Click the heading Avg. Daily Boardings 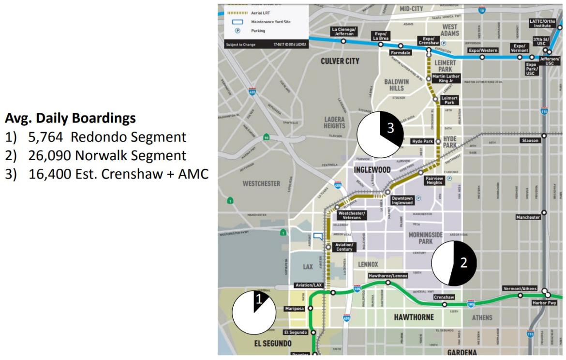[70, 118]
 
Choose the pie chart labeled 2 [454, 263]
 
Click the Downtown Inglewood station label [402, 200]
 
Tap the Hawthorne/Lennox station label [387, 276]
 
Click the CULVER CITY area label [340, 61]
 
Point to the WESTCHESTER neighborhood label [261, 183]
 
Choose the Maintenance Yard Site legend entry [271, 22]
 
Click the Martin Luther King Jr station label [446, 78]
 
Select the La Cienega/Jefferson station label [343, 31]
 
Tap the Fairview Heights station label [434, 180]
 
